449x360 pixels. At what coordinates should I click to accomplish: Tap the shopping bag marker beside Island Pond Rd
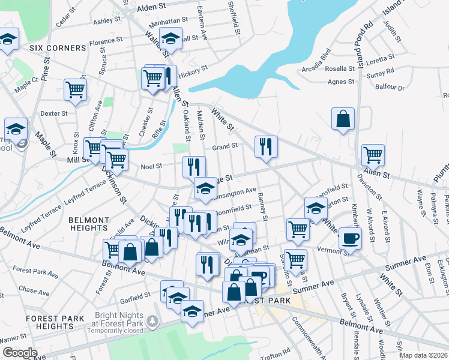coord(343,118)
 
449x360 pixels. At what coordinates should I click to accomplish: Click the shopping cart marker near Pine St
coord(76,90)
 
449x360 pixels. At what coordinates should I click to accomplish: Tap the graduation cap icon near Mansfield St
coord(316,208)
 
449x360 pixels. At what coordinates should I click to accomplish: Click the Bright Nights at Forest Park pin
coord(154,322)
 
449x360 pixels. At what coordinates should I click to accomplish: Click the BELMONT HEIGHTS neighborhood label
coord(80,224)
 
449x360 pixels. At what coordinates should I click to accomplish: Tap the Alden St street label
coord(155,8)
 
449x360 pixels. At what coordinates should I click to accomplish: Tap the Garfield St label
coord(136,296)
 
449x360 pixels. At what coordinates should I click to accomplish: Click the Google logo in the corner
coord(20,353)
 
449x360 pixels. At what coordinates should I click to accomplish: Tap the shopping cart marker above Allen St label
coord(373,154)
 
